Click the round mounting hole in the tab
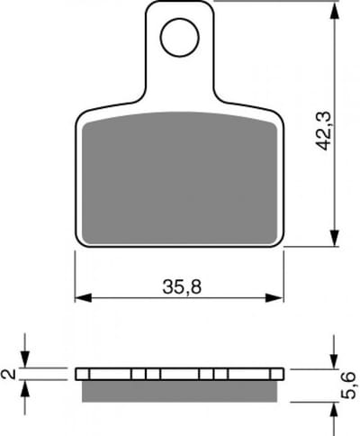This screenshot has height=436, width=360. (x=179, y=37)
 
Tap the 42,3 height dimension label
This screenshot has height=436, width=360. (x=324, y=131)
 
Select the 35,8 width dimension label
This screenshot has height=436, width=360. (x=182, y=286)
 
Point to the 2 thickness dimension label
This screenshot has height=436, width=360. (x=9, y=374)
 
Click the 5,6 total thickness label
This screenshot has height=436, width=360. (x=349, y=386)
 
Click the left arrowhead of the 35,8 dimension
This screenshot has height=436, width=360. (x=83, y=298)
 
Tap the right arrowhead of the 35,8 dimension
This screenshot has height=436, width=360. (x=274, y=298)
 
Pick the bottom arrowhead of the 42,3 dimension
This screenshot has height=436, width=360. (x=335, y=239)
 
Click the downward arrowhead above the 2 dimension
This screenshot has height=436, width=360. (x=24, y=359)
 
